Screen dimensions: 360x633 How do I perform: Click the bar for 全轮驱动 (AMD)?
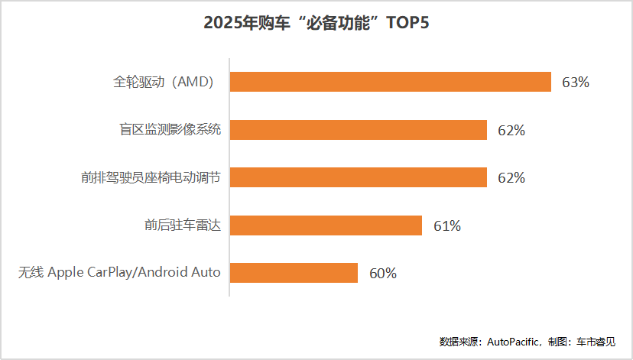point(390,82)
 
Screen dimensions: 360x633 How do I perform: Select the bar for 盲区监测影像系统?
point(358,130)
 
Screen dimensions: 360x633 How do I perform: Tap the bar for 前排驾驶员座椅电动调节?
point(358,177)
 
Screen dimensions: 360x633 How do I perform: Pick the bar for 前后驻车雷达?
point(326,225)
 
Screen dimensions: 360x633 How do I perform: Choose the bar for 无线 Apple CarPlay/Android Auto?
point(294,273)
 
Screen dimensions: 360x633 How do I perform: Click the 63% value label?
point(576,83)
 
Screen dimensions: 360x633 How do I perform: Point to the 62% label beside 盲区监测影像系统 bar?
point(511,131)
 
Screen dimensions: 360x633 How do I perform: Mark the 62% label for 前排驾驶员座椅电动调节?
point(511,178)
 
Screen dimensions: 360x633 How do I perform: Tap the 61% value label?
point(447,226)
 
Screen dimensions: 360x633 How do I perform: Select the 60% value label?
point(383,274)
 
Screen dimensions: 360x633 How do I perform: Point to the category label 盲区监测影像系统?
point(164,130)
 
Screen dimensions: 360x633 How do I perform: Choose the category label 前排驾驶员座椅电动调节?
point(151,177)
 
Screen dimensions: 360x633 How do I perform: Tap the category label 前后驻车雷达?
point(183,225)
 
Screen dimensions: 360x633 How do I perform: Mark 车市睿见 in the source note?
point(596,342)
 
